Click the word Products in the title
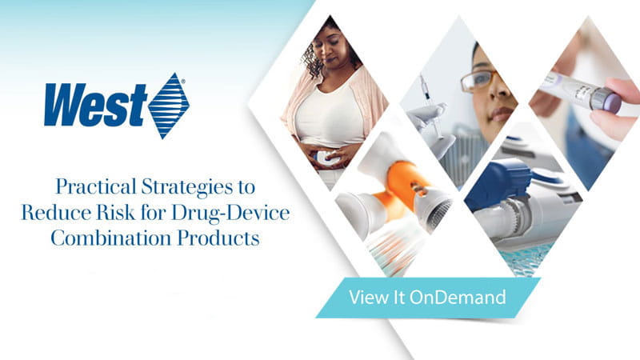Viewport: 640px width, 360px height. click(x=214, y=238)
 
